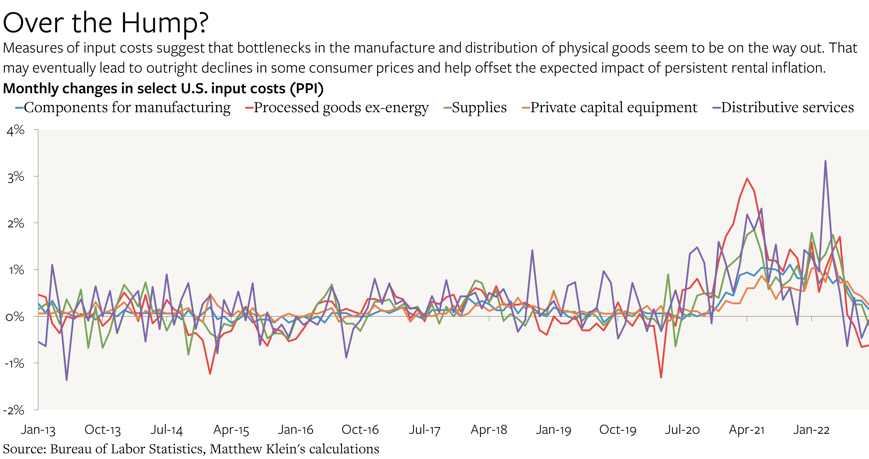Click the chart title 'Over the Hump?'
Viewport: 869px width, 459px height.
tap(106, 23)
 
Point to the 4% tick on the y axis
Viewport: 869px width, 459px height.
tap(15, 130)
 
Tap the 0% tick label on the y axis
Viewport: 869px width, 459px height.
tap(15, 317)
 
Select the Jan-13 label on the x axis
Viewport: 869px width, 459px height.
tap(38, 430)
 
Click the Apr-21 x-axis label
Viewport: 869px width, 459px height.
tap(747, 430)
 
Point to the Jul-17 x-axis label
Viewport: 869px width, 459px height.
tap(424, 430)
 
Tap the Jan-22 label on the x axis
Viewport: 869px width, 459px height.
tap(811, 430)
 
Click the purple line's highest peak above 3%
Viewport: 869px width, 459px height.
tap(826, 161)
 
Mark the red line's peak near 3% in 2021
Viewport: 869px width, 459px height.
tap(747, 179)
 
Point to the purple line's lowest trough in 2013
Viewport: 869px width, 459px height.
tap(66, 380)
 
